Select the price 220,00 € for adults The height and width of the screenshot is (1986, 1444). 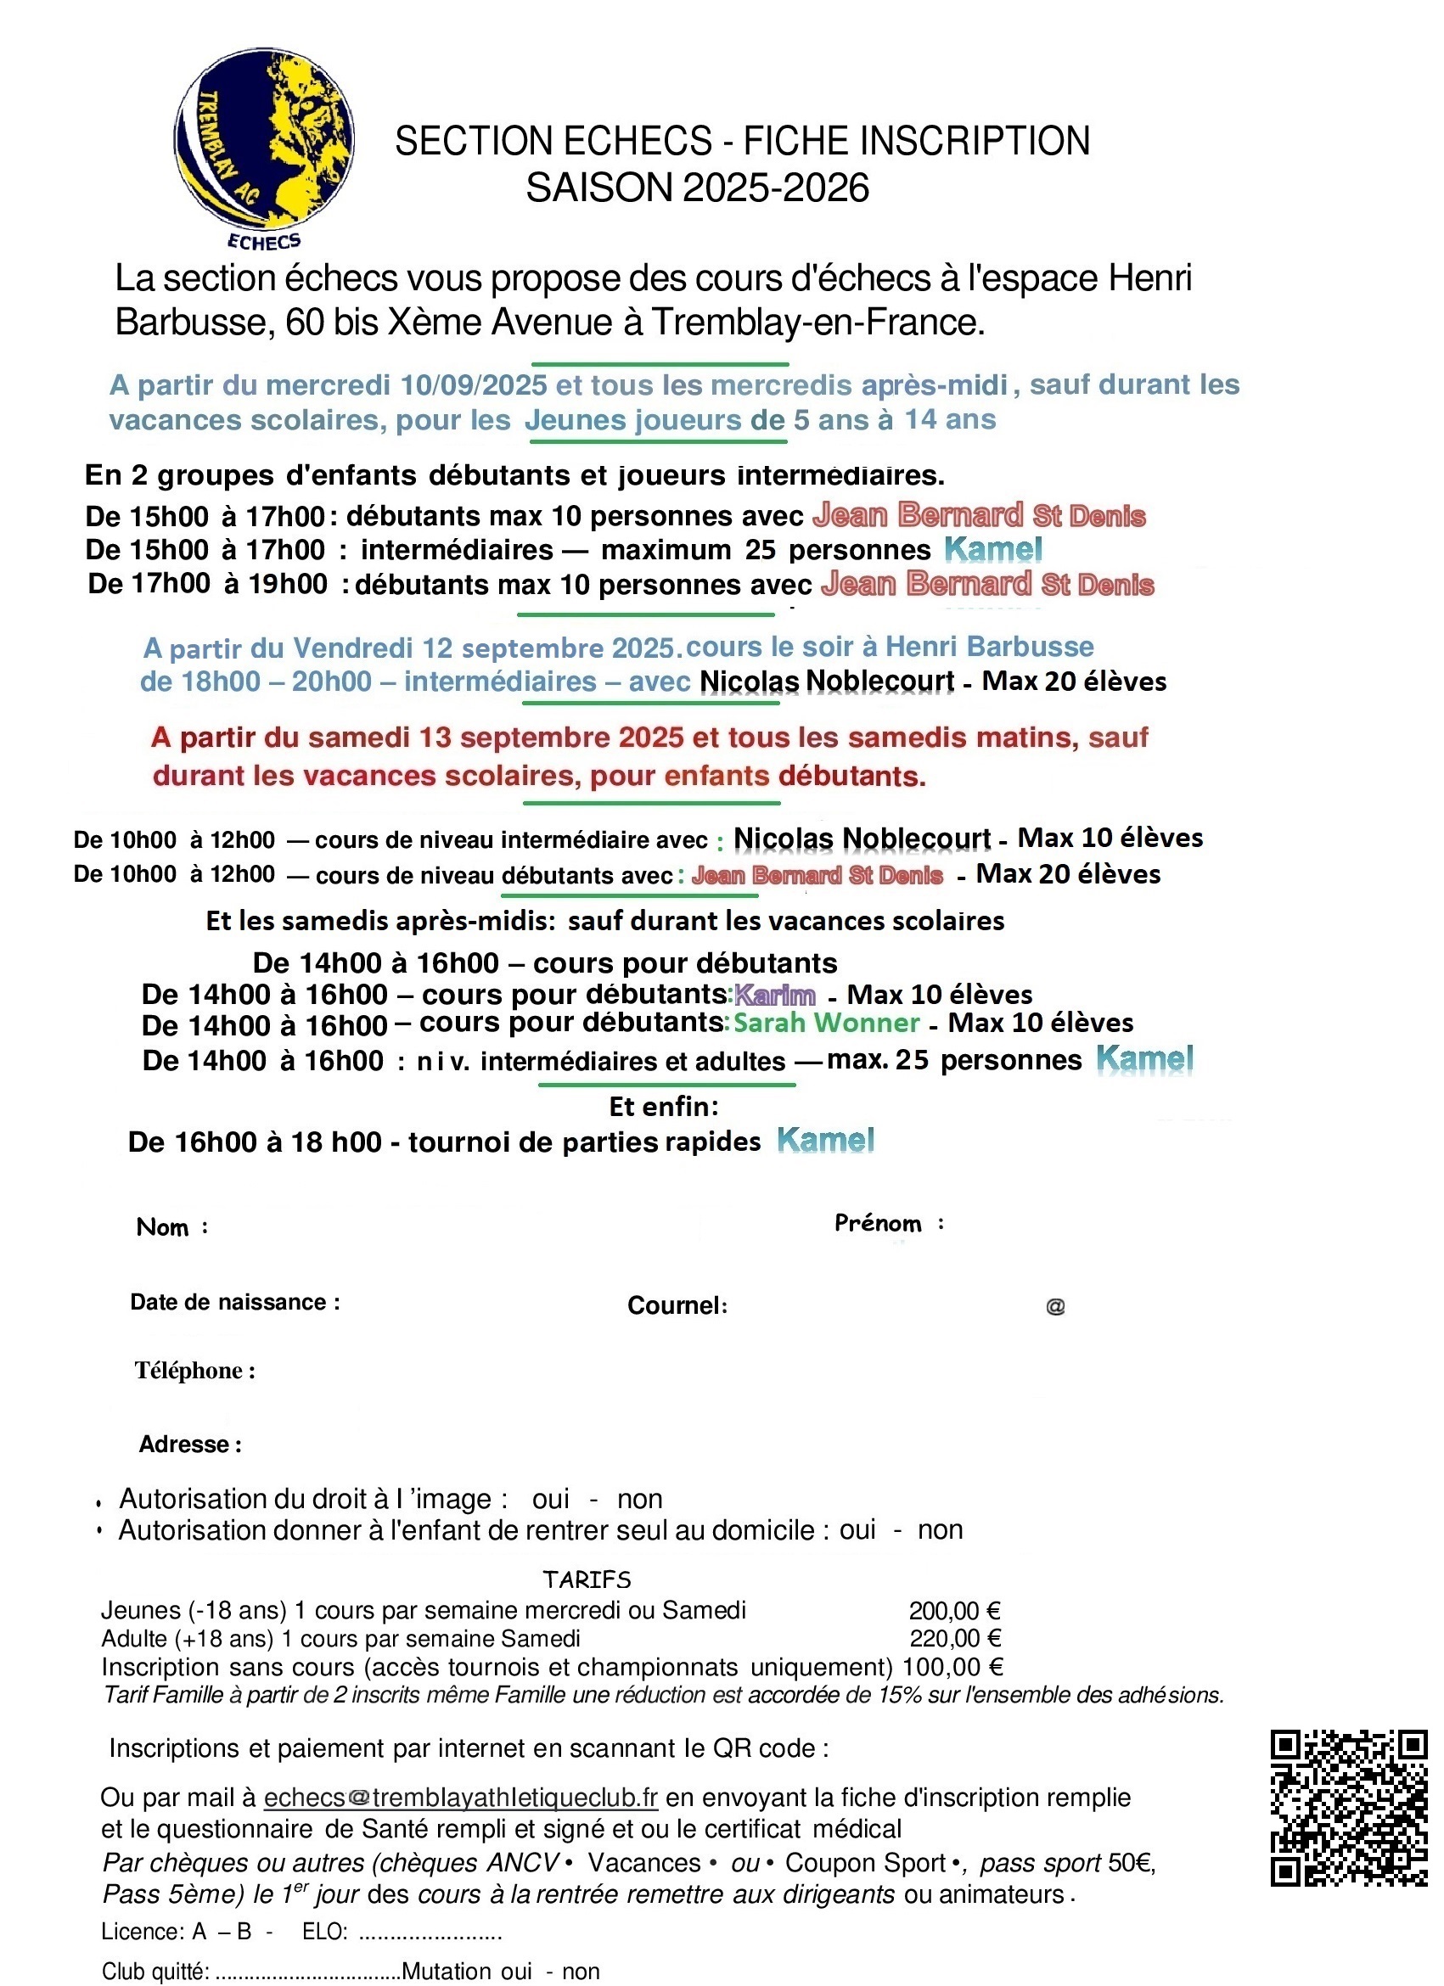[x=954, y=1637]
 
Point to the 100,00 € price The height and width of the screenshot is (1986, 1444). [x=952, y=1666]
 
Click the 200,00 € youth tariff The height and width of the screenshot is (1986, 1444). [x=954, y=1609]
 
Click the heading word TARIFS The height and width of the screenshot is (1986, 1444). [x=586, y=1579]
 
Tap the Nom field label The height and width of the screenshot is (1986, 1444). [x=163, y=1226]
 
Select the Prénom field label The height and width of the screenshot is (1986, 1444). [x=878, y=1223]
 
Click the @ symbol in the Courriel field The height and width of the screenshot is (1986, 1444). [x=1055, y=1306]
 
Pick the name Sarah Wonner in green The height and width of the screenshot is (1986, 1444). [x=826, y=1023]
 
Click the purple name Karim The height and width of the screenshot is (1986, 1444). [x=775, y=995]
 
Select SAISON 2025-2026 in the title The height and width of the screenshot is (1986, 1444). [x=697, y=188]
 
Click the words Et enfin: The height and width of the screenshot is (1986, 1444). [x=663, y=1107]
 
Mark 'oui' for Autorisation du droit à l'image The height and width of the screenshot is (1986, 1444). [x=550, y=1499]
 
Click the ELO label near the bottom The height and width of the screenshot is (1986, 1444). [x=324, y=1932]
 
